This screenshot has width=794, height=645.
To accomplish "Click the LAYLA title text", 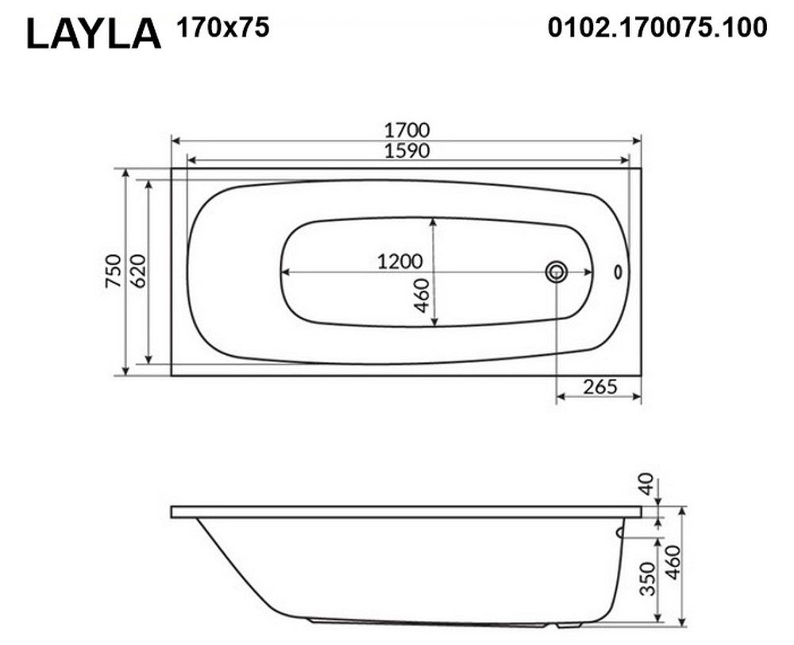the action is pos(94,34).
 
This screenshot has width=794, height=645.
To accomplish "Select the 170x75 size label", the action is pos(222,27).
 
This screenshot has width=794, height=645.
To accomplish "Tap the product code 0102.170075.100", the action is pos(657,27).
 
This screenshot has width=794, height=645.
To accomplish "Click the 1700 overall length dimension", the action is pos(407,130).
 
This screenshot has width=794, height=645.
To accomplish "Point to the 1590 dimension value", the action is pos(407,151).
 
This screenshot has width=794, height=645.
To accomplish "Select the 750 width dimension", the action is pos(114,272).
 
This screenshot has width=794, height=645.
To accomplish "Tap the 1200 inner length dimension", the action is pos(399,261).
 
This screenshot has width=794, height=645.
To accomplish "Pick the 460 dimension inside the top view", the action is pos(422,295).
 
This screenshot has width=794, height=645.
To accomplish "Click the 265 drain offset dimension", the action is pos(600,387).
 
